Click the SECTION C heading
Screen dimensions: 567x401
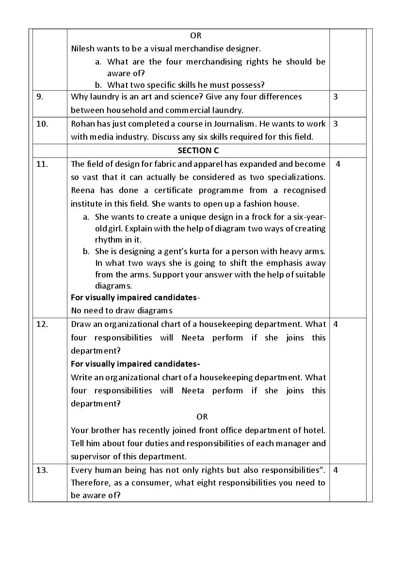click(x=198, y=151)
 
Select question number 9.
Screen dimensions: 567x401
click(x=40, y=97)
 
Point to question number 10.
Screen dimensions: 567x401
click(x=42, y=124)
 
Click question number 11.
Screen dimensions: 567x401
click(x=42, y=164)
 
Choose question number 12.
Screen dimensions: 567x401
click(x=42, y=324)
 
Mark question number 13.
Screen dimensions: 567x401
click(x=42, y=470)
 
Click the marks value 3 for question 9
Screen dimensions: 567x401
click(x=336, y=97)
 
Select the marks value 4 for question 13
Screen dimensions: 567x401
click(x=336, y=470)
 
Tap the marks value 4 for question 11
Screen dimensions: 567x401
click(x=338, y=164)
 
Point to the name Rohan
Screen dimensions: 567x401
click(x=82, y=124)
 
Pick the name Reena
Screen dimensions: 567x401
click(x=82, y=190)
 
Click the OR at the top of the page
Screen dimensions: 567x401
click(x=196, y=35)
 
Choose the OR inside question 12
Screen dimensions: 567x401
click(x=202, y=417)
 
